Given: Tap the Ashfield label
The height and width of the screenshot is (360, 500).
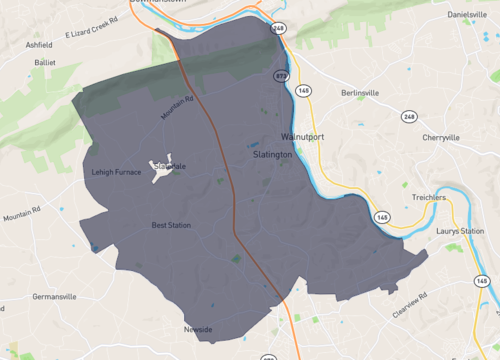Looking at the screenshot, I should [x=39, y=45].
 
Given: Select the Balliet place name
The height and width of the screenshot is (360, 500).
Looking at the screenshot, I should [x=45, y=61].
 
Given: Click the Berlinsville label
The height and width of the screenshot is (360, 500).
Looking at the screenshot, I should [x=359, y=93].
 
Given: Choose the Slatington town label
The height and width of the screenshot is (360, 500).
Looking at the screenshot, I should [x=272, y=155].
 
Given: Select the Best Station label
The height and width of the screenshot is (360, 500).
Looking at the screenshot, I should [x=170, y=225].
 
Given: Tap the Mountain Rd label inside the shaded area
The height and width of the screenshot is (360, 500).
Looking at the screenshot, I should [x=176, y=104].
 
